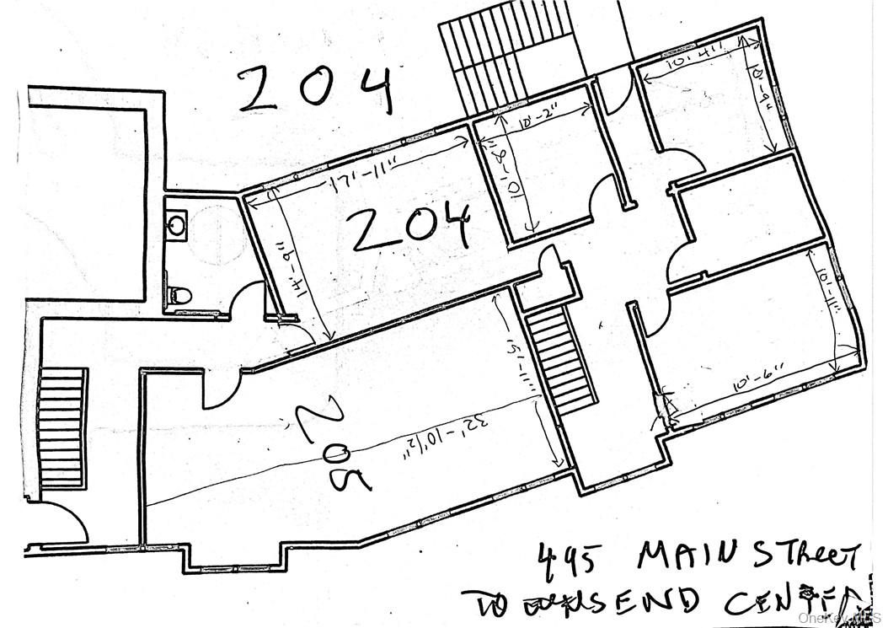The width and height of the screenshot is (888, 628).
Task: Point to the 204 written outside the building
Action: point(316,90)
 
